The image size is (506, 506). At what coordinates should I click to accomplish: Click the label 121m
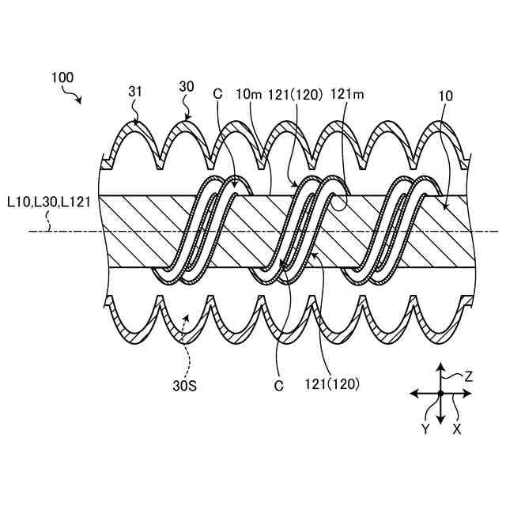[347, 94]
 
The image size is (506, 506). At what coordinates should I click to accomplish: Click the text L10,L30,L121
[48, 202]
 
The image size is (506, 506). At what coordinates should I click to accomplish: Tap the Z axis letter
[469, 377]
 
